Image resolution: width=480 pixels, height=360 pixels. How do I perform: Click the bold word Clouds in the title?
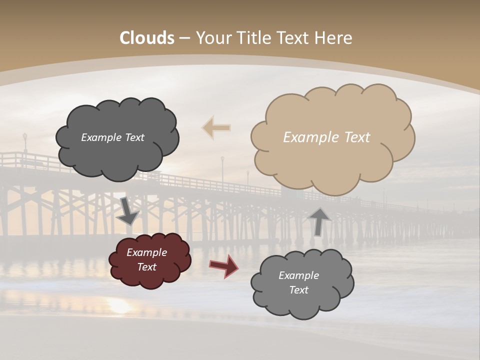tap(147, 38)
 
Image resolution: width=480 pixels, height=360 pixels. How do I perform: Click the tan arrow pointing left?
tap(216, 127)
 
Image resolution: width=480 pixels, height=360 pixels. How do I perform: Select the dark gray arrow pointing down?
tap(128, 211)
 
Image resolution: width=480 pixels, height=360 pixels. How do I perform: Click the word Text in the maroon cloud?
tap(147, 267)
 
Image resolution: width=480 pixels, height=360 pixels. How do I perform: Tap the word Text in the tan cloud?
tap(356, 137)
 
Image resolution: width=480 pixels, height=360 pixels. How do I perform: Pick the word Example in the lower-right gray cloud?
tap(298, 275)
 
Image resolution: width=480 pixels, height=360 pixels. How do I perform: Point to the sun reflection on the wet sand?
tap(120, 306)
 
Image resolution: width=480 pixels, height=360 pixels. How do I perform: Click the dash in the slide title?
tap(184, 38)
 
